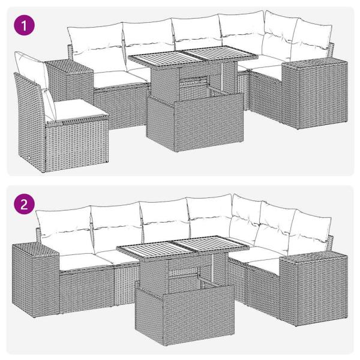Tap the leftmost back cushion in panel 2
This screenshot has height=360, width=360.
(x=63, y=225)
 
